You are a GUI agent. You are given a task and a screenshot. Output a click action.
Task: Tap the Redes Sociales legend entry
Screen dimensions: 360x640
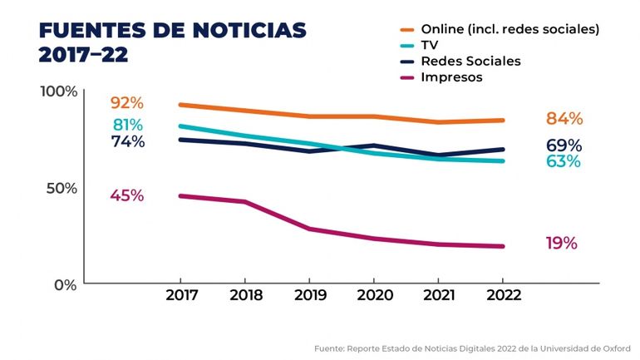pos(470,62)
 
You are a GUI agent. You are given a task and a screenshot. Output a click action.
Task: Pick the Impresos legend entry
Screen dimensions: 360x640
pos(451,77)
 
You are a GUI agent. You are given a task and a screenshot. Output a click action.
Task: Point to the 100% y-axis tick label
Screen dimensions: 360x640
pos(58,91)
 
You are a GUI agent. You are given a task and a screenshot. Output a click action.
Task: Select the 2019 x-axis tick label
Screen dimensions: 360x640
pos(309,296)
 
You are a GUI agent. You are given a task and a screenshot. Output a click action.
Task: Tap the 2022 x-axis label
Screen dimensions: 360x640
pos(503,296)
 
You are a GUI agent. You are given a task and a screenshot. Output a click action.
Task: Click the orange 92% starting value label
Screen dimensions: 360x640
pos(126,103)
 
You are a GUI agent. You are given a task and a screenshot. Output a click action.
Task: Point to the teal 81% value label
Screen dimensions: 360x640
pos(127,126)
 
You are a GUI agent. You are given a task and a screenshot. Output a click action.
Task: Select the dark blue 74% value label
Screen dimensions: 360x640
pos(127,141)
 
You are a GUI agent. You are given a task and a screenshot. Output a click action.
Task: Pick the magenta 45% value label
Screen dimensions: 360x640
pos(126,196)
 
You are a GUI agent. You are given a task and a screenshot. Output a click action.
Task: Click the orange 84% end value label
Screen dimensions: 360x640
pos(564,118)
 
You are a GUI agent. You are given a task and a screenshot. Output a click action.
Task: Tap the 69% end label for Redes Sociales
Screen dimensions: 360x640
pos(564,145)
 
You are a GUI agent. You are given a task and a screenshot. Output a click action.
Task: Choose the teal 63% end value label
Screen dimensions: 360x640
pos(564,161)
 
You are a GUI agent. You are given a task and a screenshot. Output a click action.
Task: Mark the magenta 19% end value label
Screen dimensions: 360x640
pos(561,244)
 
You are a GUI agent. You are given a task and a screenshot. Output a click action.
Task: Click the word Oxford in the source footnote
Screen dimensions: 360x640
pos(616,348)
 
